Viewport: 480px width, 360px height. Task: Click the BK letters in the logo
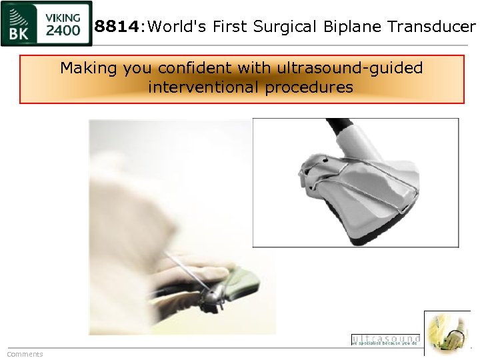click(x=19, y=31)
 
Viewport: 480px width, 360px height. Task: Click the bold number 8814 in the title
click(x=118, y=27)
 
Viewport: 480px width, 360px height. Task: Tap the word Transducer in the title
click(x=436, y=27)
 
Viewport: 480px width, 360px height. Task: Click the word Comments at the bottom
click(x=25, y=354)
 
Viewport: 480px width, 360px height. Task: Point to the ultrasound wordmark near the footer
click(x=385, y=340)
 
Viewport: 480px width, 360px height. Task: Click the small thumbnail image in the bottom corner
click(x=447, y=333)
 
